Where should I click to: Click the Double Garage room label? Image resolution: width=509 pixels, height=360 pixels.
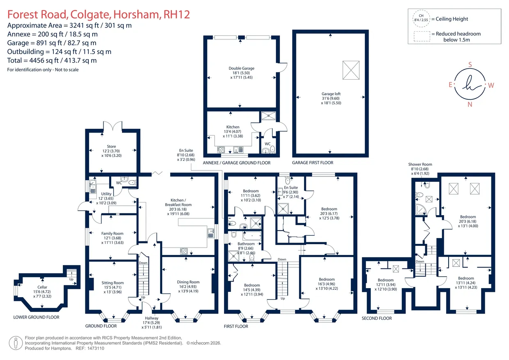[x=241, y=68]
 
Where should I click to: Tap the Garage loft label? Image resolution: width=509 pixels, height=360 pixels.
[x=331, y=94]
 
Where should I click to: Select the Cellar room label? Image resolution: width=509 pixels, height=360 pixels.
[x=42, y=287]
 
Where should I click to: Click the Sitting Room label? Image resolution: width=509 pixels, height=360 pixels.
[x=112, y=283]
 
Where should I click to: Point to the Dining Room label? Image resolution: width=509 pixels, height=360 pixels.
[x=188, y=282]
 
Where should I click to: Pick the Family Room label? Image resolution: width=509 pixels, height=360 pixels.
[x=112, y=234]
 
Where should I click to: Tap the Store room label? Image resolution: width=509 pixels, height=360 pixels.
[x=111, y=147]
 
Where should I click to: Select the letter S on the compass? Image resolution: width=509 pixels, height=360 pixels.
[x=470, y=65]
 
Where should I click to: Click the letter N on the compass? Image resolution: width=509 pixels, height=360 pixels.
[x=470, y=104]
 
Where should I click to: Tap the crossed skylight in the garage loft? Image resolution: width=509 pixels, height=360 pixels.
[x=351, y=70]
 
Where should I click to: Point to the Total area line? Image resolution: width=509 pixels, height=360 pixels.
[x=52, y=60]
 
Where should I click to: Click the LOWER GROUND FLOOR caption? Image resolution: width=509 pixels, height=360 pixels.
[x=37, y=317]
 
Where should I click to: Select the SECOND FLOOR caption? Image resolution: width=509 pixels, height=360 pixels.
[x=377, y=318]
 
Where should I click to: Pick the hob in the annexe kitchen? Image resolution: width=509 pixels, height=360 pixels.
[x=221, y=149]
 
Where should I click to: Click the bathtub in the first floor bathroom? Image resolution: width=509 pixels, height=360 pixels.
[x=252, y=236]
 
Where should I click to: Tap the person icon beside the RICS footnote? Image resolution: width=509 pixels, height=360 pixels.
[x=16, y=343]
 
